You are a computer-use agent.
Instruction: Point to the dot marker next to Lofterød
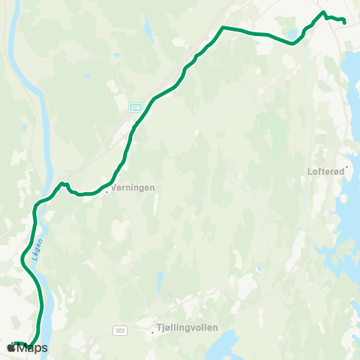(347, 167)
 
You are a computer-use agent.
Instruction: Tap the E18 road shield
(134, 108)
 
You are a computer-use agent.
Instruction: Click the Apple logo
(10, 349)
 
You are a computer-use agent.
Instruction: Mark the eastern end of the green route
(344, 22)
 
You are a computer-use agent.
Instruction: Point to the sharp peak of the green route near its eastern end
(324, 12)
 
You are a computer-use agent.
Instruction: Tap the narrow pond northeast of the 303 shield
(160, 283)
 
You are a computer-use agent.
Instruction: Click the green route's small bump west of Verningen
(64, 183)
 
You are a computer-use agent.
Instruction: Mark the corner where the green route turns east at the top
(223, 28)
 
